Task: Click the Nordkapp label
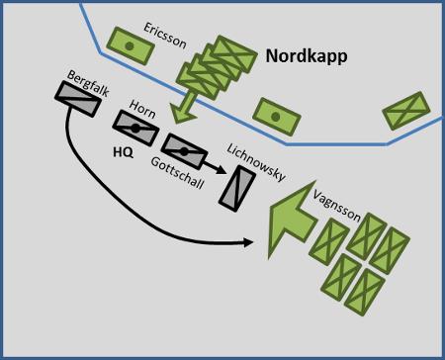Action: [307, 56]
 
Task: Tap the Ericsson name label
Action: [165, 36]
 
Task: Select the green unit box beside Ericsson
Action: [131, 45]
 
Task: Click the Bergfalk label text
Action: [88, 84]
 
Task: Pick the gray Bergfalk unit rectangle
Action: [78, 99]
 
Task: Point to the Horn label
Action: [142, 109]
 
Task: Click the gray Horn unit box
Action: [135, 129]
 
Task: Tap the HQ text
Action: [124, 152]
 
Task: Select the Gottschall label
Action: [177, 172]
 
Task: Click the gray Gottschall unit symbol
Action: [184, 151]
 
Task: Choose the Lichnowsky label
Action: [256, 162]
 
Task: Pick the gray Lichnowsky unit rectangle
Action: [237, 189]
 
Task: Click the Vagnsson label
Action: [336, 205]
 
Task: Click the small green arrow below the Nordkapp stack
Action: [184, 108]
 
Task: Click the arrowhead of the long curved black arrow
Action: [248, 242]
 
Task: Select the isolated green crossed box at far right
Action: [406, 111]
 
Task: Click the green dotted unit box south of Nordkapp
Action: [277, 117]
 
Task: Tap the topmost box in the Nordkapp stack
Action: [233, 54]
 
